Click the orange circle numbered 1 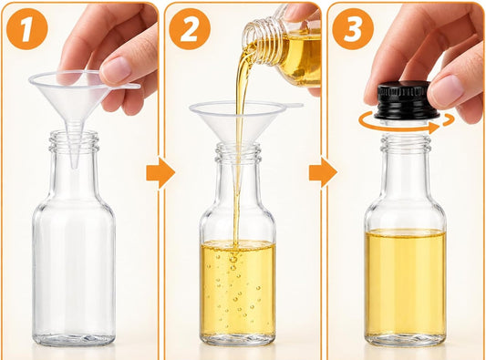27,29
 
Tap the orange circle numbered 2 190,29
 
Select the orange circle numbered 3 353,29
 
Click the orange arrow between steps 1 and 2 160,172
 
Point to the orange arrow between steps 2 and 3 323,172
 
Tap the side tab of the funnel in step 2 293,106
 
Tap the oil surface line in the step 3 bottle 406,231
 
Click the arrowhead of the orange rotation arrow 435,127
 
